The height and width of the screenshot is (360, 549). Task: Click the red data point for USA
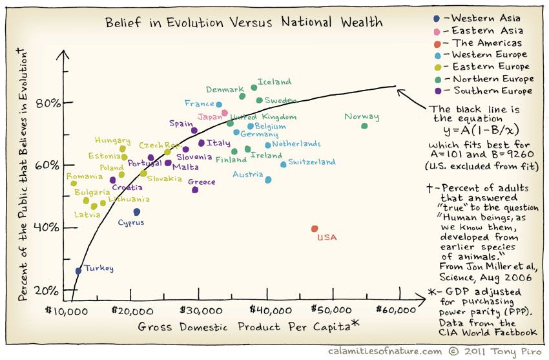[x=315, y=229]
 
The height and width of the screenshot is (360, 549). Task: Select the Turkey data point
[x=78, y=271]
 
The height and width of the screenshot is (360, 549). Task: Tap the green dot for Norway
[x=364, y=126]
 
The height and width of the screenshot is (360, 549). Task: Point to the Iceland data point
[x=254, y=88]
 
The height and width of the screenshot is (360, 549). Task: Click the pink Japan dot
[x=225, y=112]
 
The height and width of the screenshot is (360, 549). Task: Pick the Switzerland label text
[x=312, y=162]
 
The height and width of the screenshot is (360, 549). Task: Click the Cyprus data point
[x=137, y=212]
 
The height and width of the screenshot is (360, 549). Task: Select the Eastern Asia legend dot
[x=437, y=30]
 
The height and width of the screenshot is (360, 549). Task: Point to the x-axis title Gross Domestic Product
[x=245, y=326]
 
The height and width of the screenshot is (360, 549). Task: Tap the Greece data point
[x=195, y=189]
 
